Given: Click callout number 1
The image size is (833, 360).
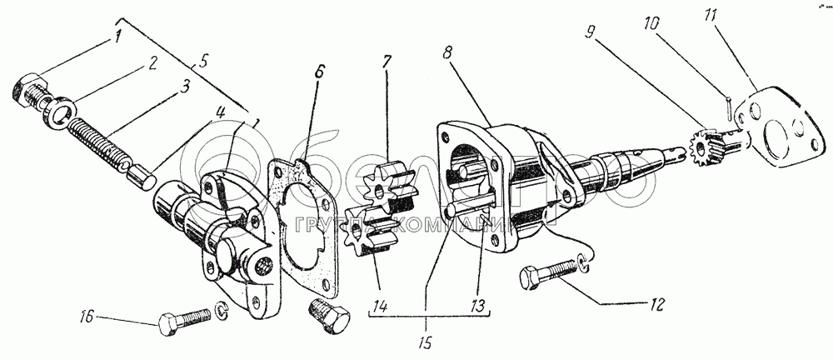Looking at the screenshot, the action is [x=118, y=36].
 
